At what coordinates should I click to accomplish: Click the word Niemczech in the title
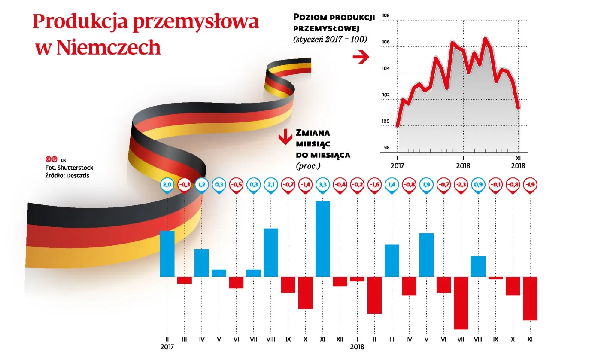click(109, 48)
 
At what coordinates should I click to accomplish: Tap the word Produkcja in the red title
click(80, 22)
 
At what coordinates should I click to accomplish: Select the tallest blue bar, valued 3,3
click(322, 238)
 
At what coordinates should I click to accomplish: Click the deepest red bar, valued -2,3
click(461, 303)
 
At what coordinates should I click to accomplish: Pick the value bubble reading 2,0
click(167, 184)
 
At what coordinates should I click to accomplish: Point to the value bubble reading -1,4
click(305, 184)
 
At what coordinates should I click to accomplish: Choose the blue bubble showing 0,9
click(478, 184)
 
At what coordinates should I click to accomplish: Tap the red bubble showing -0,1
click(495, 184)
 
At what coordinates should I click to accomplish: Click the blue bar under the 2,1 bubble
click(270, 252)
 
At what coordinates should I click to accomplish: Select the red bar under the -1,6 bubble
click(374, 295)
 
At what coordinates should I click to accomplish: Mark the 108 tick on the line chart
click(385, 16)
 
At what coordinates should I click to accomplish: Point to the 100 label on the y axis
click(385, 122)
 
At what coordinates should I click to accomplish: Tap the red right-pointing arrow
click(361, 57)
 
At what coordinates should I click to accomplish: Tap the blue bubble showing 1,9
click(426, 184)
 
